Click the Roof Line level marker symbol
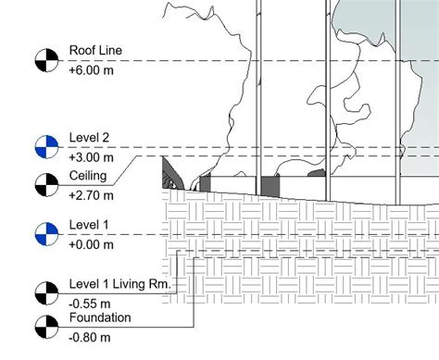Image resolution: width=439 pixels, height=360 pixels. (x=44, y=61)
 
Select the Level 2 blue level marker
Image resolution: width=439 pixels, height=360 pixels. (x=44, y=147)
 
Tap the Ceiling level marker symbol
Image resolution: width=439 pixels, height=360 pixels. (x=44, y=184)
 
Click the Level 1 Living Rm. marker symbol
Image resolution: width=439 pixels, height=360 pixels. (x=44, y=293)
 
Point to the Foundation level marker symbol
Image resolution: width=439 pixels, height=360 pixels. (x=44, y=326)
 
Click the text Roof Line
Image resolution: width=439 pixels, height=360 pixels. (x=95, y=51)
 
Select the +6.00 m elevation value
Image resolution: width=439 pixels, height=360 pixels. (x=91, y=69)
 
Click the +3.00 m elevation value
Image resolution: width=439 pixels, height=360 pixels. (x=91, y=157)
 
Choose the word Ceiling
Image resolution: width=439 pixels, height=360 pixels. (x=89, y=176)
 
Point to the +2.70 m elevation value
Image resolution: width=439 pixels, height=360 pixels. (x=91, y=194)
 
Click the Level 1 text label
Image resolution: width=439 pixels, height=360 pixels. (x=89, y=226)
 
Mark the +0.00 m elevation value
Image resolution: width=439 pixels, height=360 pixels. (x=91, y=244)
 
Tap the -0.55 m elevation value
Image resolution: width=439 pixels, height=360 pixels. (x=89, y=303)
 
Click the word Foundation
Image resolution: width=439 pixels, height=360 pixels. (x=99, y=317)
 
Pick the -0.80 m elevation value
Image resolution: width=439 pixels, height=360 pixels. (x=89, y=336)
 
